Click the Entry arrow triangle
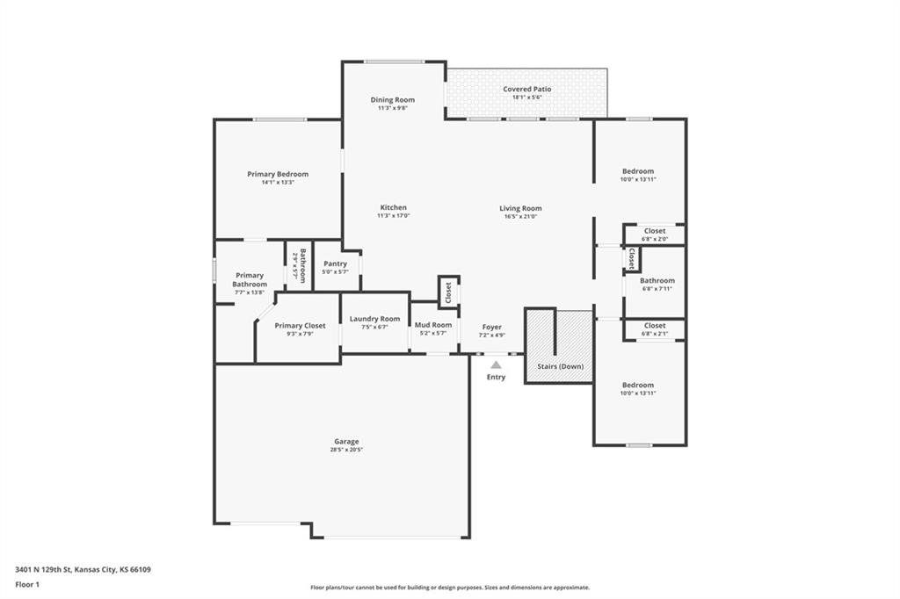(496, 364)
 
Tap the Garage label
(346, 442)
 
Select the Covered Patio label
(526, 90)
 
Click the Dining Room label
(392, 100)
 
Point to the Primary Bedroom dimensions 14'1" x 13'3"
(278, 183)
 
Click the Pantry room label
(335, 263)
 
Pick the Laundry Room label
(374, 319)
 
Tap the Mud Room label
(433, 325)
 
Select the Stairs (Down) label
(561, 366)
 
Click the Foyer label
(492, 327)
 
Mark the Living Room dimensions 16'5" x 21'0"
(520, 217)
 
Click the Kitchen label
(393, 208)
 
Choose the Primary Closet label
(300, 326)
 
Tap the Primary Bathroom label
(250, 280)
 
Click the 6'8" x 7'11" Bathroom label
(657, 281)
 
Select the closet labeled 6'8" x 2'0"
(655, 231)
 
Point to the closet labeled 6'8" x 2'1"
(655, 326)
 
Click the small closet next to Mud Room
(448, 292)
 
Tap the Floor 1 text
(28, 584)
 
